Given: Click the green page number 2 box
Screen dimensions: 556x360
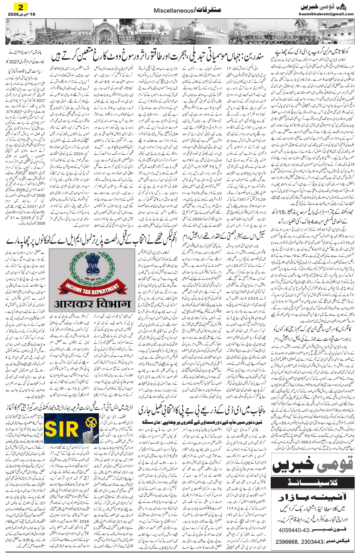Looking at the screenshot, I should pos(17,6).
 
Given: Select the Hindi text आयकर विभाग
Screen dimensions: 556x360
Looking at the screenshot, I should pos(92,304).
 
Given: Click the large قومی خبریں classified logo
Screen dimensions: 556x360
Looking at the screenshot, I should pos(313,463).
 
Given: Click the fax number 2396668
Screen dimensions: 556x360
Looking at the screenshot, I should pos(287,542).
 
